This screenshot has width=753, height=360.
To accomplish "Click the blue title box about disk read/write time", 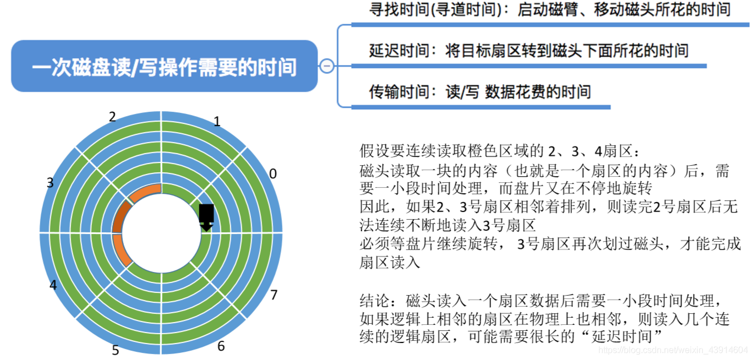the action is [164, 66].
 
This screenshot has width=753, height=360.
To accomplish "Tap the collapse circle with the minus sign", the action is [326, 66].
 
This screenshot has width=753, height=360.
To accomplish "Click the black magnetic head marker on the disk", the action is [206, 216].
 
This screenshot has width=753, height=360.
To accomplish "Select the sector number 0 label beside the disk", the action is [272, 174].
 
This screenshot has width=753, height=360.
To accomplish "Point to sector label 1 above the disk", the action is [217, 122].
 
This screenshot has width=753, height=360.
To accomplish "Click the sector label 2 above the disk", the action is [112, 117].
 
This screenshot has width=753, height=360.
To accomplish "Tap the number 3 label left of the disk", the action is [50, 183].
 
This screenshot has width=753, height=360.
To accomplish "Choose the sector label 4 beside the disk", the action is [53, 285].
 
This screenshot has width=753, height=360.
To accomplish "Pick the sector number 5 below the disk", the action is [116, 350].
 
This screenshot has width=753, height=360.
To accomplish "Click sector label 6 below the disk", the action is [221, 346].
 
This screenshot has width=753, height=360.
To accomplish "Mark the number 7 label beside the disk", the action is [274, 295].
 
